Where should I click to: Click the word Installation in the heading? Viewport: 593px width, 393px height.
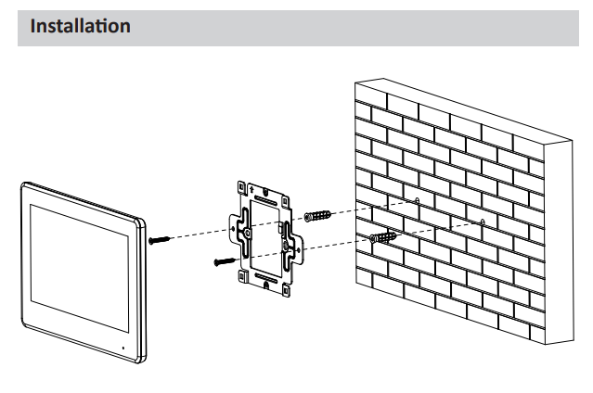[80, 26]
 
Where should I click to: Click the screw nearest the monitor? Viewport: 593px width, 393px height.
[160, 239]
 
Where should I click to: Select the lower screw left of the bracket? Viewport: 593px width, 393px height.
[225, 261]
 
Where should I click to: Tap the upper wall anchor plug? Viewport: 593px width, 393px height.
[317, 216]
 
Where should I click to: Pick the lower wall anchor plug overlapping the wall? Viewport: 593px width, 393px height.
[383, 237]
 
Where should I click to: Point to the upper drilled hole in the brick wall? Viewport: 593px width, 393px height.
[418, 200]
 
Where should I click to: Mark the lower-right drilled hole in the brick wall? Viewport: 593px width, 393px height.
[483, 222]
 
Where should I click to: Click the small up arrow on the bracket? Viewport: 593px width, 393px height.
[251, 188]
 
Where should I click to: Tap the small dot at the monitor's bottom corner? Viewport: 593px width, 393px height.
[122, 348]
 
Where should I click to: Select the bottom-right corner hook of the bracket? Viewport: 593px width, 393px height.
[286, 289]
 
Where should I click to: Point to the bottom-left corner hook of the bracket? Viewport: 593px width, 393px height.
[242, 276]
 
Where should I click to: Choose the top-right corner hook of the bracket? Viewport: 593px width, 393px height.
[286, 201]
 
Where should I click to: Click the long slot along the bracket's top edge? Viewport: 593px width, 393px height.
[265, 200]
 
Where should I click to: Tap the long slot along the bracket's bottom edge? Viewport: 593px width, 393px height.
[266, 278]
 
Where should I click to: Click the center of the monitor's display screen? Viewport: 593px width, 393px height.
[80, 268]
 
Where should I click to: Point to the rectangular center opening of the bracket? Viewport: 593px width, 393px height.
[265, 238]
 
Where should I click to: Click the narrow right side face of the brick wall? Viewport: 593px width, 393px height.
[559, 242]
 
